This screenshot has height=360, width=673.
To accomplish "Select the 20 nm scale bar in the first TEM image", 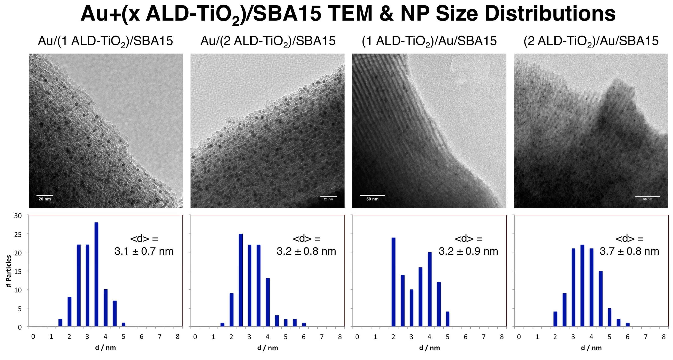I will coord(45,195).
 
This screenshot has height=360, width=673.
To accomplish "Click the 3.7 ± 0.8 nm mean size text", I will coord(629,251).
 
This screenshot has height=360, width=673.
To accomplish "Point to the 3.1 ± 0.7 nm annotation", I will coord(144,251).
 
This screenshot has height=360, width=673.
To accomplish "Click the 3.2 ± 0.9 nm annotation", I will coord(468,251).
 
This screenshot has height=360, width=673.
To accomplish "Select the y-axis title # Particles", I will coord(9,271).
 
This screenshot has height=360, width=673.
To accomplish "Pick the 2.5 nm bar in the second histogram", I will coord(241,280).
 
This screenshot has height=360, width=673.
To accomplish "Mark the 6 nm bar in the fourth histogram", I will coord(627,325).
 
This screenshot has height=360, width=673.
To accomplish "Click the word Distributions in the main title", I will coord(550,14).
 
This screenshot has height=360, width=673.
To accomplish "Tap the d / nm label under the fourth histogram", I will coord(591,348).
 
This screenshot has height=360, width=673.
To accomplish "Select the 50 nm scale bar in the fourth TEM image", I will coord(647,197).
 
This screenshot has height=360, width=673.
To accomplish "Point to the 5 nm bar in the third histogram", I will coord(447,319).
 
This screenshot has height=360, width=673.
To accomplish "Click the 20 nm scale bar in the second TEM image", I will coord(328,197).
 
